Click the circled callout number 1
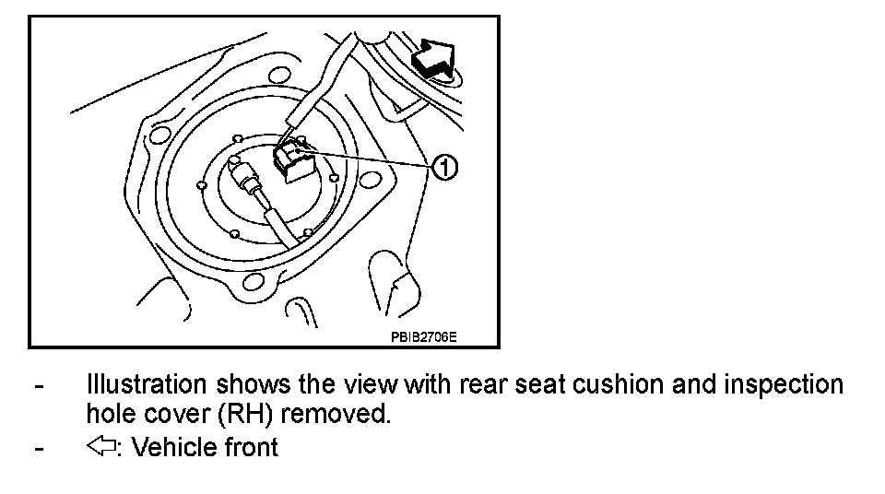[444, 168]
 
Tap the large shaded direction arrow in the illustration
[432, 58]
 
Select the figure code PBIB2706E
[423, 337]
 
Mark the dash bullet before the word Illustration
[38, 384]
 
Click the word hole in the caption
[112, 414]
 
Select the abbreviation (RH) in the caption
[243, 414]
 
